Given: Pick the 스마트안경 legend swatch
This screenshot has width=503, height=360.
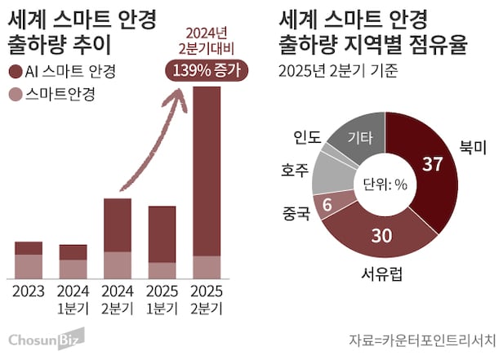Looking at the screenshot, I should click(17, 95).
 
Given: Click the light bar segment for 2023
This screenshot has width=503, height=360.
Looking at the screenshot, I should click(29, 266).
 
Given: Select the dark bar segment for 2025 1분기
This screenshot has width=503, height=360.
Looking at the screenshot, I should click(161, 233).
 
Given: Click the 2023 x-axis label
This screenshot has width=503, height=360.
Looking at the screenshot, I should click(29, 291).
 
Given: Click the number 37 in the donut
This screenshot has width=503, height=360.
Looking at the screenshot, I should click(432, 165).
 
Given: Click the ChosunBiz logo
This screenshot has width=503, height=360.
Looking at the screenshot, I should click(47, 338).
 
